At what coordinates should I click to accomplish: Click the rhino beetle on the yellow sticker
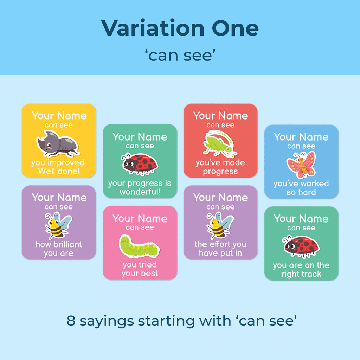pos(58,143)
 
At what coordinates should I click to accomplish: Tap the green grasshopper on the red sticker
pos(220,143)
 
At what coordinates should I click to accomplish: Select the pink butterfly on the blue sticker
pos(301,165)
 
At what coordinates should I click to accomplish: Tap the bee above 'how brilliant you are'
pos(58,225)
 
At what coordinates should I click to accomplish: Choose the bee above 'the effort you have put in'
pos(220,225)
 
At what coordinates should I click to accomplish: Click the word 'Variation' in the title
pos(153,28)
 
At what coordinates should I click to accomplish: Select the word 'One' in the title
pos(235,28)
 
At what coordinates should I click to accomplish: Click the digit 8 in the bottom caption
pos(71,321)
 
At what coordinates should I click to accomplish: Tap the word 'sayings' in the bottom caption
pos(107,322)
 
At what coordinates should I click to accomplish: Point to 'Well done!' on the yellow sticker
pos(59,171)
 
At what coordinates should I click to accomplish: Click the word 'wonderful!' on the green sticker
pos(140,192)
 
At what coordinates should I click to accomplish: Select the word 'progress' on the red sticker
pos(220,172)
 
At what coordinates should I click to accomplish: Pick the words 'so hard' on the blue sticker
pos(301,192)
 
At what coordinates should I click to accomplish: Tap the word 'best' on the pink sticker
pos(149,273)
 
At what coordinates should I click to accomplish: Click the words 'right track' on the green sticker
pos(301,274)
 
